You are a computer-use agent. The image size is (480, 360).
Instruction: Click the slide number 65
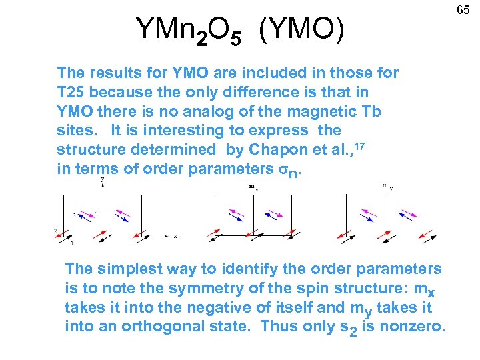point(463,11)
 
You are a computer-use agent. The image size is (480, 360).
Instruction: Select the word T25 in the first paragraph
point(72,91)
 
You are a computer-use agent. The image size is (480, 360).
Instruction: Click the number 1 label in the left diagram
point(71,243)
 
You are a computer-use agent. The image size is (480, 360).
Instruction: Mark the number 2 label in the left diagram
point(55,231)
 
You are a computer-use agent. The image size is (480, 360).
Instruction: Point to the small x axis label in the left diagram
point(175,237)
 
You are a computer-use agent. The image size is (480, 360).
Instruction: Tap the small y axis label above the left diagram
point(102,179)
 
